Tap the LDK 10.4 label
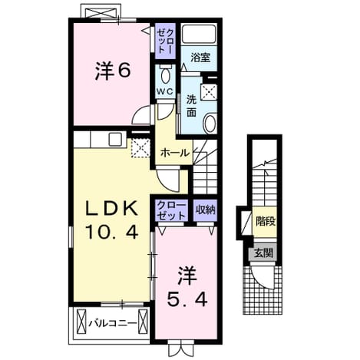click(111, 220)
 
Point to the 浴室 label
click(200, 58)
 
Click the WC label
click(165, 91)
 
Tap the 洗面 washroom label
click(191, 106)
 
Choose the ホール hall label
click(175, 154)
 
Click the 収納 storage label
click(206, 210)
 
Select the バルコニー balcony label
click(112, 324)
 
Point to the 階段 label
click(266, 221)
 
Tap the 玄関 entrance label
click(263, 253)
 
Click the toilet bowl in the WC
click(165, 74)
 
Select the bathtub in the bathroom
click(199, 35)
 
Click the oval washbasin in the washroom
click(210, 124)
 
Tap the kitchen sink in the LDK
click(115, 140)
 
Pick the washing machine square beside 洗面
click(209, 91)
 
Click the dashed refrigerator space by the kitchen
click(140, 148)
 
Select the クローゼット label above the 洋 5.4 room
click(171, 210)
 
